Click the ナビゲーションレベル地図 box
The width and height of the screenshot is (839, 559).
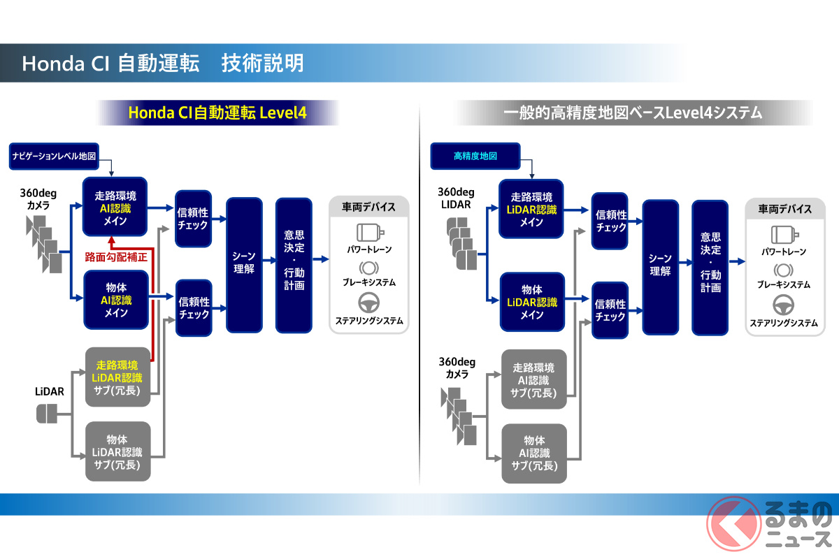pyautogui.click(x=54, y=155)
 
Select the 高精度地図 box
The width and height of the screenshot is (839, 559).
pyautogui.click(x=475, y=156)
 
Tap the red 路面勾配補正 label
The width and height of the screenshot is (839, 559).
pyautogui.click(x=116, y=257)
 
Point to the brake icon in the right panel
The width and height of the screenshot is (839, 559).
pyautogui.click(x=783, y=270)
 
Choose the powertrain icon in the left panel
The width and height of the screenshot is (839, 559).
pyautogui.click(x=369, y=232)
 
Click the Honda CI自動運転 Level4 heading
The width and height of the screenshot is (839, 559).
pyautogui.click(x=217, y=112)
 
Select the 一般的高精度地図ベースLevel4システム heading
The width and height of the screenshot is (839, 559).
pyautogui.click(x=632, y=112)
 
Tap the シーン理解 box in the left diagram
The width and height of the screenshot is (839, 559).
pyautogui.click(x=244, y=264)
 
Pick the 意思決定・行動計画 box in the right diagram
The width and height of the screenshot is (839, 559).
pyautogui.click(x=710, y=267)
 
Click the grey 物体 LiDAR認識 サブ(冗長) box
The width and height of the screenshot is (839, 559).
pyautogui.click(x=117, y=451)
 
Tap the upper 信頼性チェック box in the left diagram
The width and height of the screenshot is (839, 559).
pyautogui.click(x=193, y=219)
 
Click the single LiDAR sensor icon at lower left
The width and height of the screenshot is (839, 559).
pyautogui.click(x=47, y=414)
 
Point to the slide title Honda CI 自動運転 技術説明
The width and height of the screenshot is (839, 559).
pyautogui.click(x=163, y=64)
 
